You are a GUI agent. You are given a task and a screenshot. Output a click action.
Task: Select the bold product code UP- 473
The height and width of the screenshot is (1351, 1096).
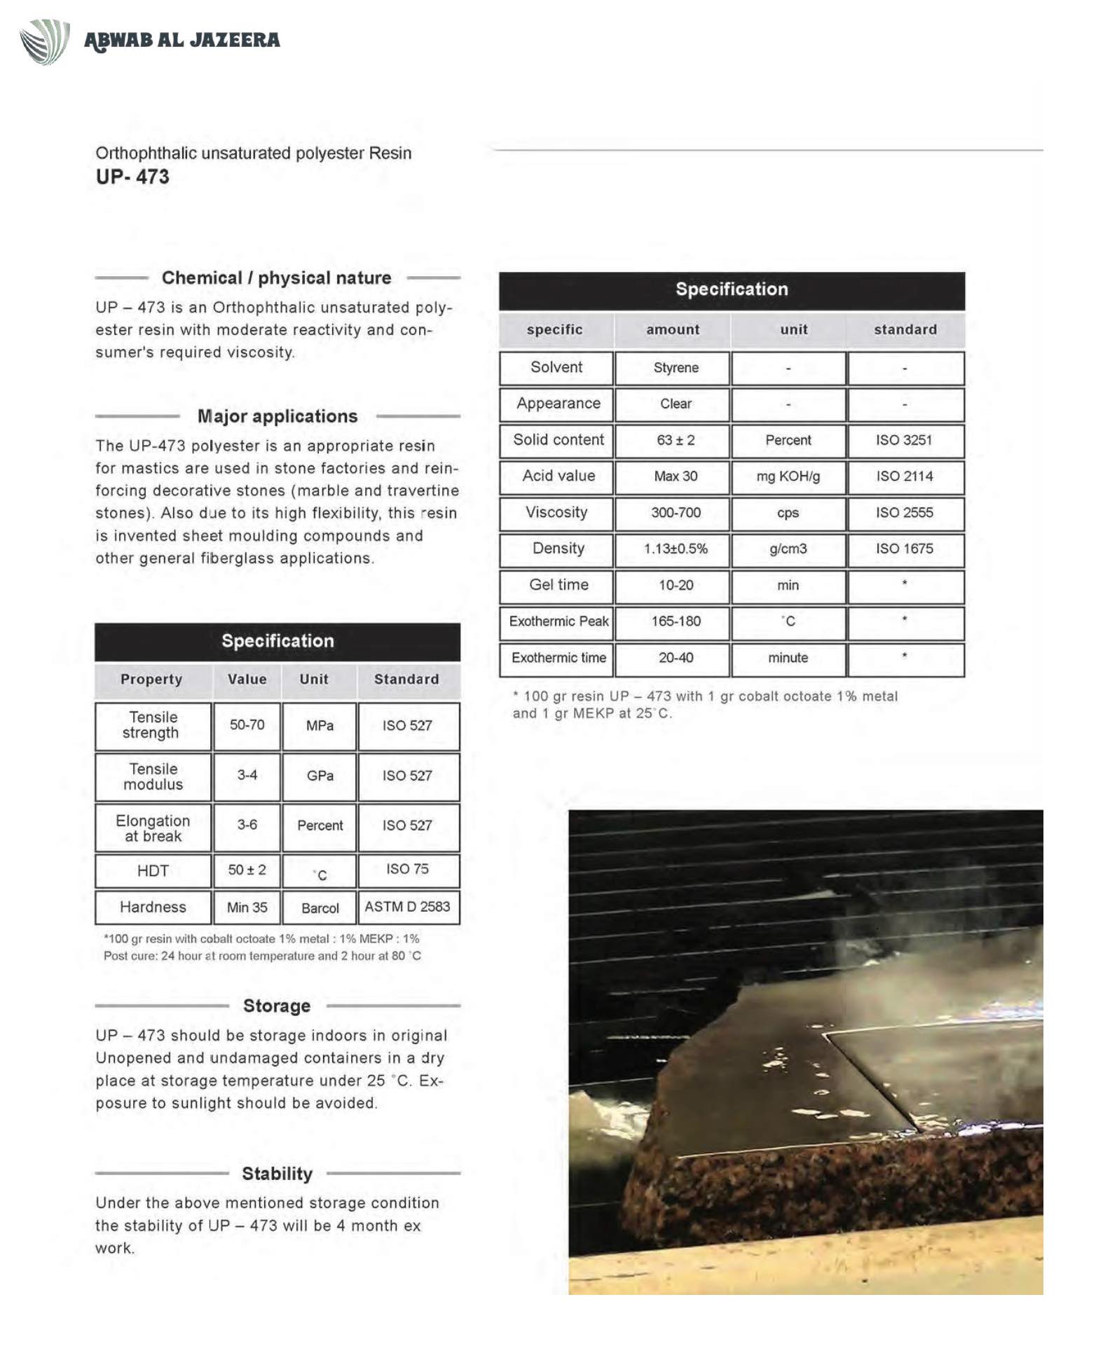pyautogui.click(x=132, y=177)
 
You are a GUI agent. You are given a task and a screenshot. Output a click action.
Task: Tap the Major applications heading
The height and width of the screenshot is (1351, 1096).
pyautogui.click(x=278, y=416)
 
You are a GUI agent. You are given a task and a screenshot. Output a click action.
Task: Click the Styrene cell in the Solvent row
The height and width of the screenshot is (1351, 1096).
pyautogui.click(x=676, y=368)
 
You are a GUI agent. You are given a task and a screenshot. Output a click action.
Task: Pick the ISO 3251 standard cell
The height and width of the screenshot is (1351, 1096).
pyautogui.click(x=904, y=440)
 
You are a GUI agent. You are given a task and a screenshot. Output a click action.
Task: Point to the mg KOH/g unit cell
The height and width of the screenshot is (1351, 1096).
pyautogui.click(x=788, y=476)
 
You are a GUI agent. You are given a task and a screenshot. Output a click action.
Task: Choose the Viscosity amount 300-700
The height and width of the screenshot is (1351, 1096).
pyautogui.click(x=676, y=512)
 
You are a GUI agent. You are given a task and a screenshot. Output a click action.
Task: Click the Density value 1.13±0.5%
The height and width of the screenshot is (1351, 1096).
pyautogui.click(x=676, y=549)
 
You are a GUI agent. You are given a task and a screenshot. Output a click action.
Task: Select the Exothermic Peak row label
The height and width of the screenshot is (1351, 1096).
pyautogui.click(x=559, y=622)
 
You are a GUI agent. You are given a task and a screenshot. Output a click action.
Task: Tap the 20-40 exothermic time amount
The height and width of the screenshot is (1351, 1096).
pyautogui.click(x=676, y=658)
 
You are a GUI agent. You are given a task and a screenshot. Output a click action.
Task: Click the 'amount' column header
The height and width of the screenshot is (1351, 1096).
pyautogui.click(x=673, y=329)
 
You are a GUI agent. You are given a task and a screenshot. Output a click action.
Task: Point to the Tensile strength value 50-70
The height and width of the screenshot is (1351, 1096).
pyautogui.click(x=247, y=725)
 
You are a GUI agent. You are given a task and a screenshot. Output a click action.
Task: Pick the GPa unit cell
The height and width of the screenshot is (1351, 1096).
pyautogui.click(x=320, y=776)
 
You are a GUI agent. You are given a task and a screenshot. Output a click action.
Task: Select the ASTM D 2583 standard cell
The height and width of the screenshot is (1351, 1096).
pyautogui.click(x=407, y=907)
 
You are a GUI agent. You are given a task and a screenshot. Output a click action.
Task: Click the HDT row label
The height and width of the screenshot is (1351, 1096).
pyautogui.click(x=153, y=871)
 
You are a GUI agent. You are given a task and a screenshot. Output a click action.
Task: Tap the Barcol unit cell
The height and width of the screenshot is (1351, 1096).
pyautogui.click(x=320, y=908)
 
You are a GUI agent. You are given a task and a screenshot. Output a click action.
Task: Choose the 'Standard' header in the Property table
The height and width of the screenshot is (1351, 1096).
pyautogui.click(x=406, y=679)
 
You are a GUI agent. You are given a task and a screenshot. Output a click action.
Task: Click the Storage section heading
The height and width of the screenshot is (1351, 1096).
pyautogui.click(x=277, y=1006)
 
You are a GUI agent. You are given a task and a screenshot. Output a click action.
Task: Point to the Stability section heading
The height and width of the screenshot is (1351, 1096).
pyautogui.click(x=278, y=1174)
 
